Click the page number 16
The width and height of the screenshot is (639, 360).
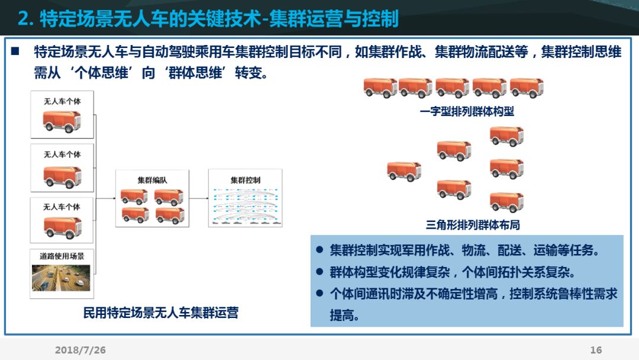[596, 350]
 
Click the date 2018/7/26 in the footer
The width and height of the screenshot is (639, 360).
[80, 350]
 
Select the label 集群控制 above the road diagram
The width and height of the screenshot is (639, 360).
[246, 180]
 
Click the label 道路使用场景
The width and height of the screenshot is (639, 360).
[62, 256]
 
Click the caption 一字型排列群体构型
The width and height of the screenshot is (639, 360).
[467, 112]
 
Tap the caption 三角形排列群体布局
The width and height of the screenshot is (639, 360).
[473, 225]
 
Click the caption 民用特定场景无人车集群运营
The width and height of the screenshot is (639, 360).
[161, 313]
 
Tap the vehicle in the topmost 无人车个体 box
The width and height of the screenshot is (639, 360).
[62, 121]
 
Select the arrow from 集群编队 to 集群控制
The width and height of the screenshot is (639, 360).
[199, 200]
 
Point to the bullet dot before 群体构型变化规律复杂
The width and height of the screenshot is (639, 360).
[319, 272]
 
